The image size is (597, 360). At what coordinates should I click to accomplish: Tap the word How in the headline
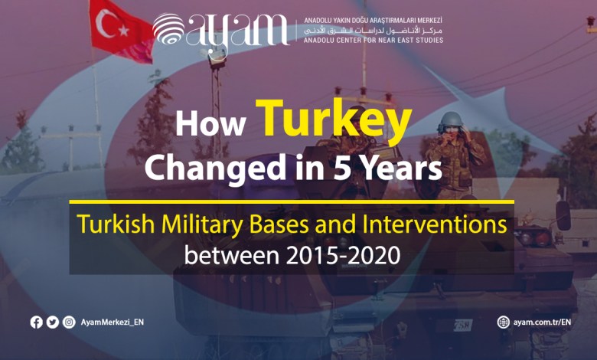click(x=210, y=124)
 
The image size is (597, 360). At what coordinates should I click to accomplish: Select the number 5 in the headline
click(x=342, y=168)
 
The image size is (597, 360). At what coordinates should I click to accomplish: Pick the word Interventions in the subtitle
click(x=435, y=224)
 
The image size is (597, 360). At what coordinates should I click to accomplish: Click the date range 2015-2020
click(x=343, y=255)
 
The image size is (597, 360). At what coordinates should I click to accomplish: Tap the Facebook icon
click(x=37, y=322)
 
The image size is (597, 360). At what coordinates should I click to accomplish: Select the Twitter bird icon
click(x=53, y=322)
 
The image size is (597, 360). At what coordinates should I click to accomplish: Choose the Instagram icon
click(x=69, y=322)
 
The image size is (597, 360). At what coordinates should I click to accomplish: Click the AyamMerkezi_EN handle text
click(x=113, y=322)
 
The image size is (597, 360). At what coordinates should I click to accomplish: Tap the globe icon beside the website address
click(x=504, y=322)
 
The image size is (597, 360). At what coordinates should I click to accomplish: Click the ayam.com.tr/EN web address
click(x=542, y=322)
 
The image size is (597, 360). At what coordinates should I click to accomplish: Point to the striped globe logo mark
click(x=168, y=28)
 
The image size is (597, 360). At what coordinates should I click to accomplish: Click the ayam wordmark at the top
click(x=238, y=32)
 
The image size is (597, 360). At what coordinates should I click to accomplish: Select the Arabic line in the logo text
click(x=374, y=30)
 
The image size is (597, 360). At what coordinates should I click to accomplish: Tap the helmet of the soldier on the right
click(x=451, y=119)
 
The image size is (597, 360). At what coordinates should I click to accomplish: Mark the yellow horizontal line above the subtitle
click(x=292, y=201)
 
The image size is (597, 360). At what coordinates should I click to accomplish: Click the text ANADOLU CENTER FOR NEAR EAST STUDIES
click(x=374, y=40)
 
